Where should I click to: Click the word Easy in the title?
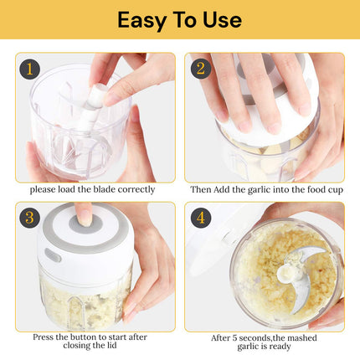tap(141, 20)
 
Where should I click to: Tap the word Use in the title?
tap(222, 20)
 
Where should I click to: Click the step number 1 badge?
tap(29, 69)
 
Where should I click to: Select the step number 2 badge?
tap(201, 69)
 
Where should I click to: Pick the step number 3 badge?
tap(29, 218)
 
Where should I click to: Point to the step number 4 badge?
tap(201, 218)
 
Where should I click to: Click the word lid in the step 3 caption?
tap(111, 346)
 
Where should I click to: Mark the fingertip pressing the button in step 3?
tap(85, 219)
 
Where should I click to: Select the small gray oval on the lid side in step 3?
tap(53, 255)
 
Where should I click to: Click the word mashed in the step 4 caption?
tap(302, 338)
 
